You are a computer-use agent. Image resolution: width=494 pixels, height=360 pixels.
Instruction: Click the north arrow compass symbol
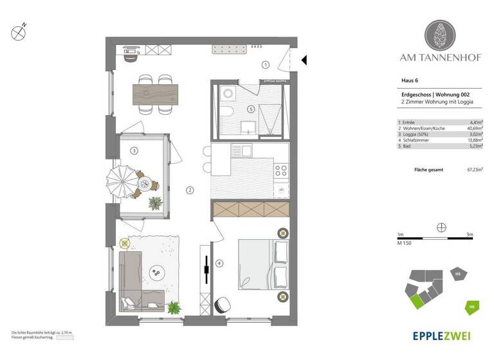[19, 30]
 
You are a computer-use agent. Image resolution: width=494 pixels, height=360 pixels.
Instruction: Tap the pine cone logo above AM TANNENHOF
[440, 35]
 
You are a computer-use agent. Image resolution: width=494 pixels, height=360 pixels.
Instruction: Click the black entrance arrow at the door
[305, 60]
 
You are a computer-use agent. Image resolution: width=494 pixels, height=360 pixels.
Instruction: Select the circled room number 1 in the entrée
[265, 64]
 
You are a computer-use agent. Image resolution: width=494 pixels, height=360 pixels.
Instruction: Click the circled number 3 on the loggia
[134, 151]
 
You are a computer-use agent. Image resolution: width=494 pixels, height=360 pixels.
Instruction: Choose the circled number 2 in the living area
[190, 190]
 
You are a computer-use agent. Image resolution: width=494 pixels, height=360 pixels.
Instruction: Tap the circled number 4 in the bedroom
[219, 263]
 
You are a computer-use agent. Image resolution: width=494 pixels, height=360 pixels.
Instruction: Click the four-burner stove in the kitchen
[282, 170]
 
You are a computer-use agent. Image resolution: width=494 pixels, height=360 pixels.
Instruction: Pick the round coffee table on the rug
[156, 273]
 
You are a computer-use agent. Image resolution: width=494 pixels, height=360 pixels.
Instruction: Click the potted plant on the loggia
[155, 203]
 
